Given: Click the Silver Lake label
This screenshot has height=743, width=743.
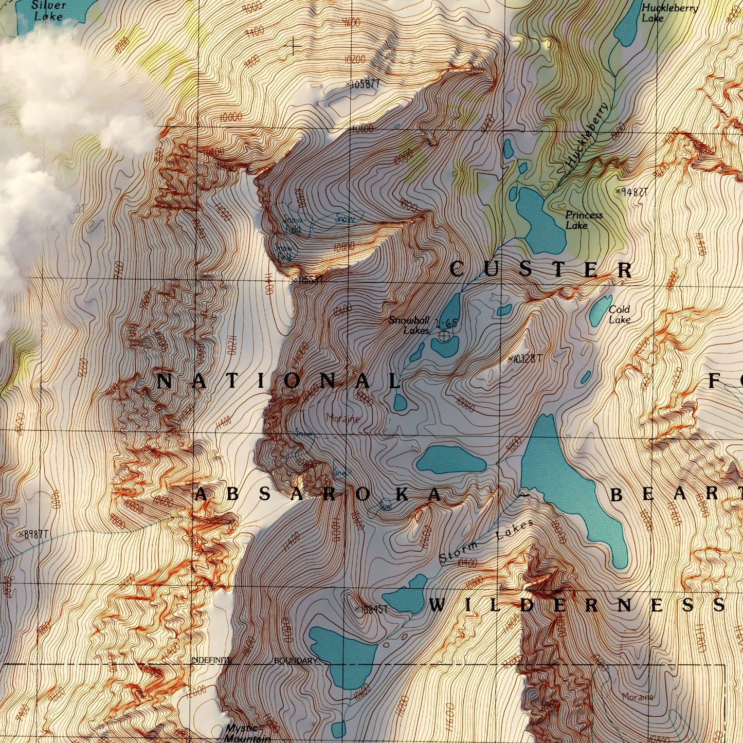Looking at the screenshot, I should click(x=48, y=11).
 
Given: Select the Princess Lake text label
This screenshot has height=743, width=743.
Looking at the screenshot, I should click(x=584, y=220).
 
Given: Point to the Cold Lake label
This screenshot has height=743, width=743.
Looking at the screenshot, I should click(x=619, y=314).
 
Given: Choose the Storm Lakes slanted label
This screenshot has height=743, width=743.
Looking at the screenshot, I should click(x=486, y=542).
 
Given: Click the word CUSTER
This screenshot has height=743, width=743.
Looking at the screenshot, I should click(x=541, y=269).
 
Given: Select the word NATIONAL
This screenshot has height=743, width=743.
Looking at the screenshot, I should click(x=278, y=382).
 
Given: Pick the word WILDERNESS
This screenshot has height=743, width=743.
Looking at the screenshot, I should click(x=576, y=605).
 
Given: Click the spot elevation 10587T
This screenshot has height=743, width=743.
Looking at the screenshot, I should click(x=365, y=84).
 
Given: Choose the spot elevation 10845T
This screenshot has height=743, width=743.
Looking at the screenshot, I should click(x=371, y=609).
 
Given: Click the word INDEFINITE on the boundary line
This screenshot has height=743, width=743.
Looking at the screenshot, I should click(x=211, y=660).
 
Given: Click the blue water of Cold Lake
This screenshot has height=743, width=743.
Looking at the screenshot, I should click(x=600, y=311).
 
